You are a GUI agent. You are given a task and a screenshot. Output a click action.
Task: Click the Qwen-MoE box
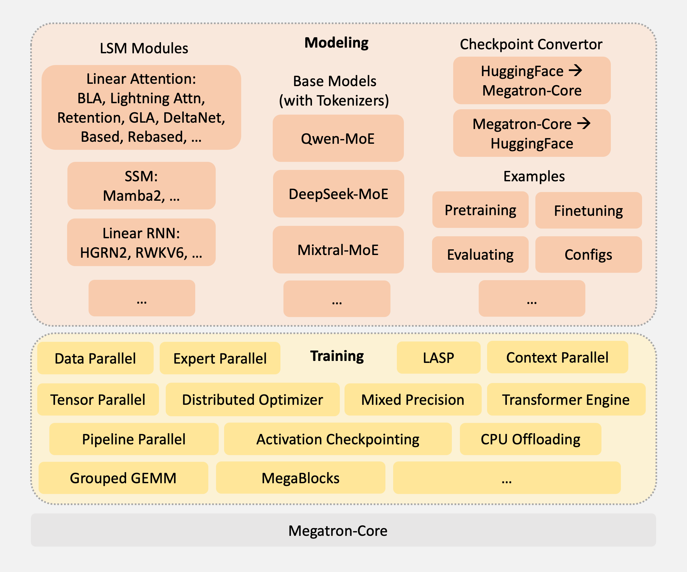point(338,138)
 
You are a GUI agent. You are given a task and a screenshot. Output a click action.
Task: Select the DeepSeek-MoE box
point(338,194)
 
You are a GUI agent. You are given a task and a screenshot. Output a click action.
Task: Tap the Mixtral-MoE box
point(338,250)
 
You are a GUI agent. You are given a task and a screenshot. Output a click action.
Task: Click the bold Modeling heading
point(336,43)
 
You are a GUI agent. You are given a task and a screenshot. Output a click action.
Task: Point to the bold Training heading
point(337,356)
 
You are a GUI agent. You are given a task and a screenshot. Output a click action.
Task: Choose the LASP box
point(438,358)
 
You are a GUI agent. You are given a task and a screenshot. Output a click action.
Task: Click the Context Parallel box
point(557,357)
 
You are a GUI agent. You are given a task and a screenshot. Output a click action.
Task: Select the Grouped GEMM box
point(123,478)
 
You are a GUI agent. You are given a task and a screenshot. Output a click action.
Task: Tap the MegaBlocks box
point(301,478)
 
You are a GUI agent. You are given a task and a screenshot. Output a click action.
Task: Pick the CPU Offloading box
point(530,439)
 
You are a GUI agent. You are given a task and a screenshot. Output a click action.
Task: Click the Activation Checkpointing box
point(337,439)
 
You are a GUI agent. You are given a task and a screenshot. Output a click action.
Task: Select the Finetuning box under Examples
point(588,210)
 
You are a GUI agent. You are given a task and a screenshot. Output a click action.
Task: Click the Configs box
point(588,254)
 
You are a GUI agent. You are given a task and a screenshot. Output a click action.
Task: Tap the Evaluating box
point(480,254)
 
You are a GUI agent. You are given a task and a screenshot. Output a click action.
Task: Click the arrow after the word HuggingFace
point(576,70)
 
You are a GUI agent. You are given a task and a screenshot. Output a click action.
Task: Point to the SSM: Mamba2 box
point(141,186)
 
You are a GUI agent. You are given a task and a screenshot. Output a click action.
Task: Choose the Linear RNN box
point(141,242)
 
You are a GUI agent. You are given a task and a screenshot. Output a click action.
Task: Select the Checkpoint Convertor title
point(531,44)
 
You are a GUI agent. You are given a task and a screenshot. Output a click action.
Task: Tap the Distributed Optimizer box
point(252,399)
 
